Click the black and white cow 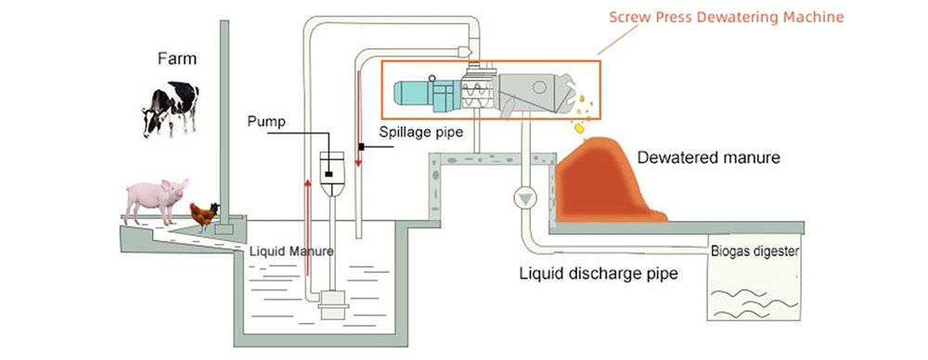171,107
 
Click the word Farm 177,59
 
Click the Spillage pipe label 419,132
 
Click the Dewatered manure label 708,158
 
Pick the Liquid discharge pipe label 599,274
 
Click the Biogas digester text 754,251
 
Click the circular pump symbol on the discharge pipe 525,198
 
